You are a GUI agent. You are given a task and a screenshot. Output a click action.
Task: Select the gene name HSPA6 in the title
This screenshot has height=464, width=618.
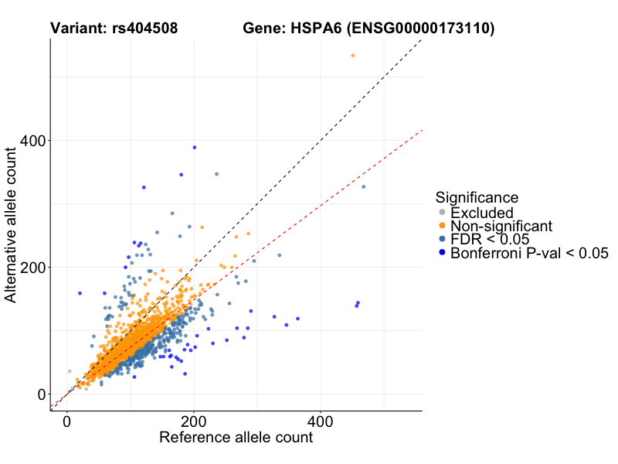point(315,29)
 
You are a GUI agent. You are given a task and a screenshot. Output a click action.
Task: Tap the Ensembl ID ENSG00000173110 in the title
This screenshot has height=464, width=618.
point(421,29)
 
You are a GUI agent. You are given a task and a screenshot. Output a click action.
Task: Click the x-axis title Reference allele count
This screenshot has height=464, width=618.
point(236,438)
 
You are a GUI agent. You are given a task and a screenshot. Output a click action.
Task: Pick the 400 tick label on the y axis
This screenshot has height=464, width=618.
point(32,140)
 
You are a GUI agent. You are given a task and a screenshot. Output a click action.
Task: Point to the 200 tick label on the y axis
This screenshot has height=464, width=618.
point(32,267)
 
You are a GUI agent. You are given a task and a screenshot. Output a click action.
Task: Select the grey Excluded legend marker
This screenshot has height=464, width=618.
point(442,213)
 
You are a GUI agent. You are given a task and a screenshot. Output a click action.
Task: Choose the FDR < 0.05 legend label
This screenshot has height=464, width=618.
point(490,239)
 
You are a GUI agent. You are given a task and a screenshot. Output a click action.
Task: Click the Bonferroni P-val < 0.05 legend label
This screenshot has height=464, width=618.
point(530,252)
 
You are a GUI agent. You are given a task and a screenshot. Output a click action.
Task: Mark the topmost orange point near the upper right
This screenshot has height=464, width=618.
point(353,56)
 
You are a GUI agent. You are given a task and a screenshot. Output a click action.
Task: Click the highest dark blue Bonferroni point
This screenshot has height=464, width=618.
point(195,147)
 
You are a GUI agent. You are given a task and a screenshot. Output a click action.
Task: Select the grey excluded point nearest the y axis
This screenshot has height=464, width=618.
point(69,371)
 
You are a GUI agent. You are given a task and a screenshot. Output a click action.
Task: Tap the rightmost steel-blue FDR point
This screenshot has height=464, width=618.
point(364,187)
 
